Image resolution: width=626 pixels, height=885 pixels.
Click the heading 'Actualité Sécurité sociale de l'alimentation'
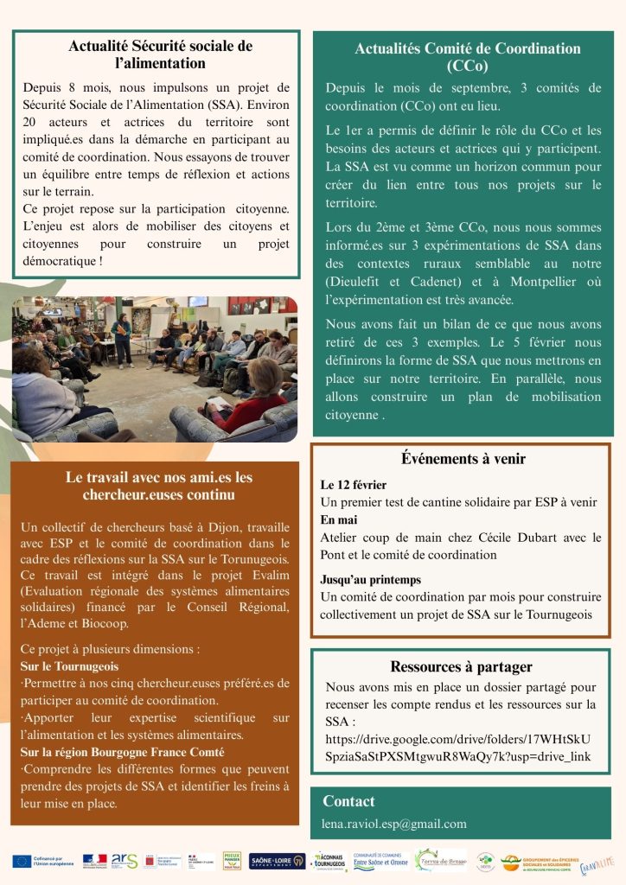pyautogui.click(x=160, y=54)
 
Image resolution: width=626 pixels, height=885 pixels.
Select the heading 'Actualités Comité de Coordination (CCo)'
pyautogui.click(x=468, y=57)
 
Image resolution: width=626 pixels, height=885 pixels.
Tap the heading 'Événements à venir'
pyautogui.click(x=463, y=459)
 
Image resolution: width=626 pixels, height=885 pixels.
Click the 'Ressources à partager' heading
pyautogui.click(x=461, y=666)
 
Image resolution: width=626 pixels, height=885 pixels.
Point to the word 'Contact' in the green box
pyautogui.click(x=348, y=801)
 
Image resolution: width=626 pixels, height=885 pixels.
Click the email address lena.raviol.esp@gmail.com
pyautogui.click(x=394, y=824)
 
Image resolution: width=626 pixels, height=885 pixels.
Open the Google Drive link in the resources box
pyautogui.click(x=458, y=748)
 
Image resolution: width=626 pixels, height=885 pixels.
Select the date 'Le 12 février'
pyautogui.click(x=354, y=485)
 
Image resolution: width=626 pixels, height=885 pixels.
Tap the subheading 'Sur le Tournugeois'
pyautogui.click(x=69, y=666)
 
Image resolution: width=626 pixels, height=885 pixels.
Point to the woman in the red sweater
pyautogui.click(x=251, y=402)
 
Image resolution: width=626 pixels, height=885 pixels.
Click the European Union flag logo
pyautogui.click(x=22, y=861)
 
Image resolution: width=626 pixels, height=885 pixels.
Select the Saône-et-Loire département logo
pyautogui.click(x=277, y=861)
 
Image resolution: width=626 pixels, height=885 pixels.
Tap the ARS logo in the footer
pyautogui.click(x=125, y=861)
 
